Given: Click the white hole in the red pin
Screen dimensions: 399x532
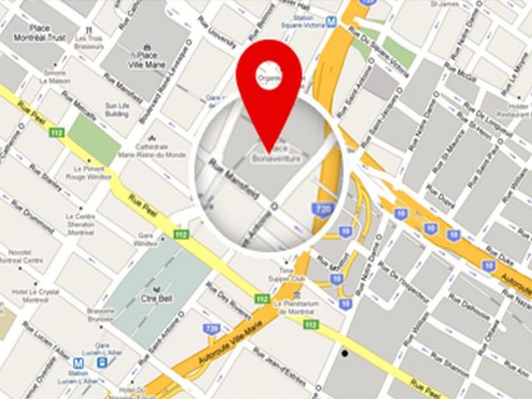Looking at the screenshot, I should coord(269,75).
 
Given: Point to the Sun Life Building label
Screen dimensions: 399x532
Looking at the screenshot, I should coord(117,109).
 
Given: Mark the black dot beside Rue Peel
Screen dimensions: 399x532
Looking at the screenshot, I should coord(344,353).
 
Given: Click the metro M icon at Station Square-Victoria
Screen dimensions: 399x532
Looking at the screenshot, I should coord(332,23).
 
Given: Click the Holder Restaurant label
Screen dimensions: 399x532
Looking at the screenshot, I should coord(514,108).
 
